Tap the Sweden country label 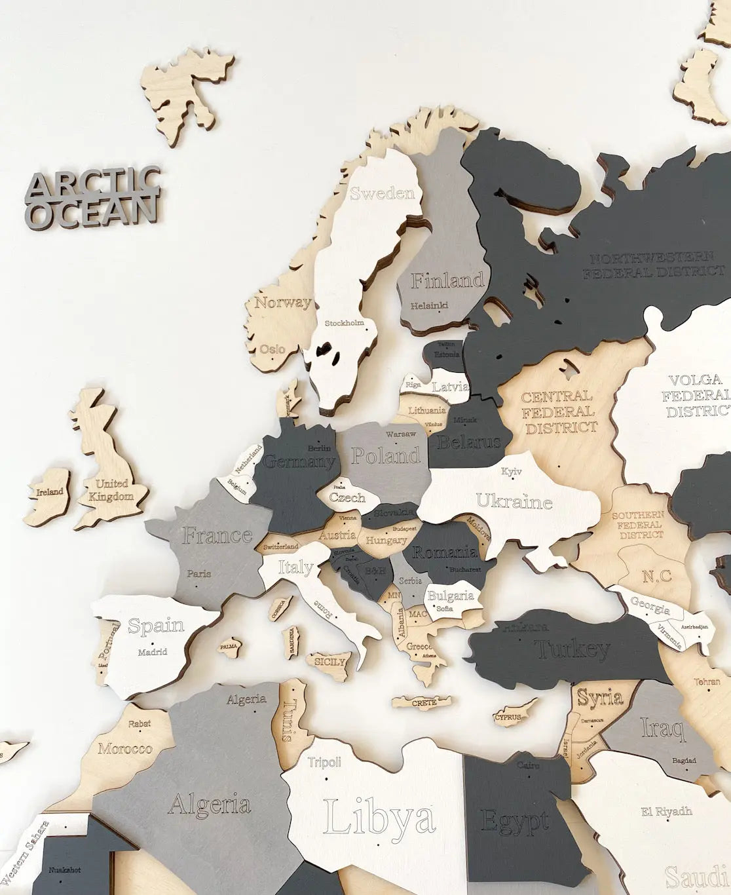[x=383, y=193]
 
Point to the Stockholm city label [x=345, y=323]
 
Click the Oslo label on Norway [x=272, y=349]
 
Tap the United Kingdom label [x=112, y=490]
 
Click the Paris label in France [x=199, y=573]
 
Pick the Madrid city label [x=153, y=652]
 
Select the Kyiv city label [x=512, y=471]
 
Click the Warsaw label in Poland [x=401, y=434]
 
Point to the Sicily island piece [x=329, y=662]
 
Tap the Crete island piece [x=424, y=703]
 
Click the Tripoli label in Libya [x=325, y=762]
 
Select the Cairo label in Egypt [x=528, y=765]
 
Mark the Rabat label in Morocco [x=140, y=724]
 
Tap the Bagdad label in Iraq [x=684, y=761]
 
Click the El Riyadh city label [x=667, y=811]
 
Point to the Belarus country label [x=469, y=442]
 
